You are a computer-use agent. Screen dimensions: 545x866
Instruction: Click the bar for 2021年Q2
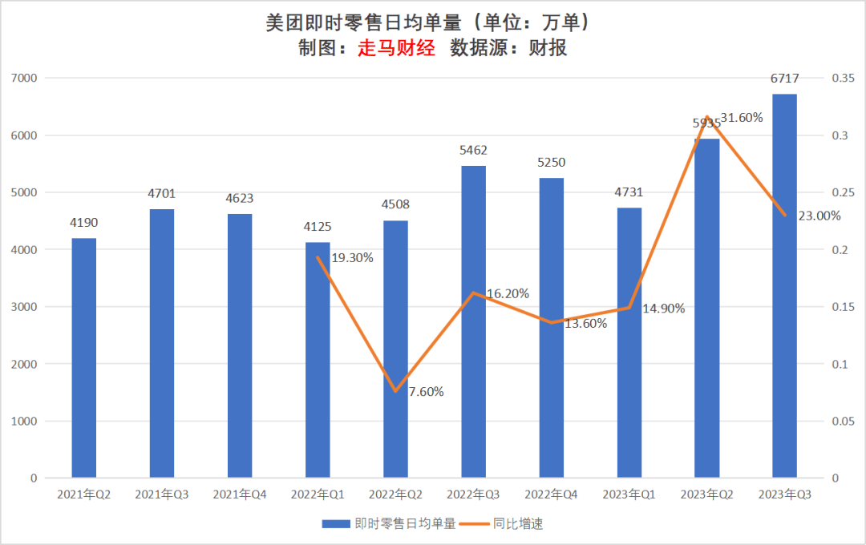click(x=83, y=358)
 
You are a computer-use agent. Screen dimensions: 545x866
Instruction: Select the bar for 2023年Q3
click(x=784, y=286)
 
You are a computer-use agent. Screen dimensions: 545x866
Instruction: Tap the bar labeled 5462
click(x=473, y=321)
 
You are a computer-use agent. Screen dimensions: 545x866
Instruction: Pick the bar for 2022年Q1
click(x=318, y=360)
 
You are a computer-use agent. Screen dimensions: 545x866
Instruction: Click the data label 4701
click(x=161, y=193)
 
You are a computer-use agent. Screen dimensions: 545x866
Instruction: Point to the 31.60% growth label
click(x=742, y=118)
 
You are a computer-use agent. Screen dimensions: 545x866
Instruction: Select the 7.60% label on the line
click(x=426, y=392)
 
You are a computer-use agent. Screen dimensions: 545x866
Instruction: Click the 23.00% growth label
click(x=819, y=216)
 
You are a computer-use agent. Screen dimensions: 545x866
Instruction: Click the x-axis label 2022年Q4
click(x=551, y=495)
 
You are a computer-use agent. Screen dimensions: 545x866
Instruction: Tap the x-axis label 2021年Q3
click(x=161, y=495)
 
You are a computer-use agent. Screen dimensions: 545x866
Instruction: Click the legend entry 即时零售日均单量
click(x=390, y=524)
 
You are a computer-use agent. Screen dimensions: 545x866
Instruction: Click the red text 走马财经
click(x=396, y=48)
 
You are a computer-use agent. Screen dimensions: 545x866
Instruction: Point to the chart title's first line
click(x=432, y=22)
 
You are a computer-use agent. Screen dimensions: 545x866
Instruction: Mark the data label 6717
click(x=784, y=78)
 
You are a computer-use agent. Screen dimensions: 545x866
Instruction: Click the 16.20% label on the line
click(x=508, y=293)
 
